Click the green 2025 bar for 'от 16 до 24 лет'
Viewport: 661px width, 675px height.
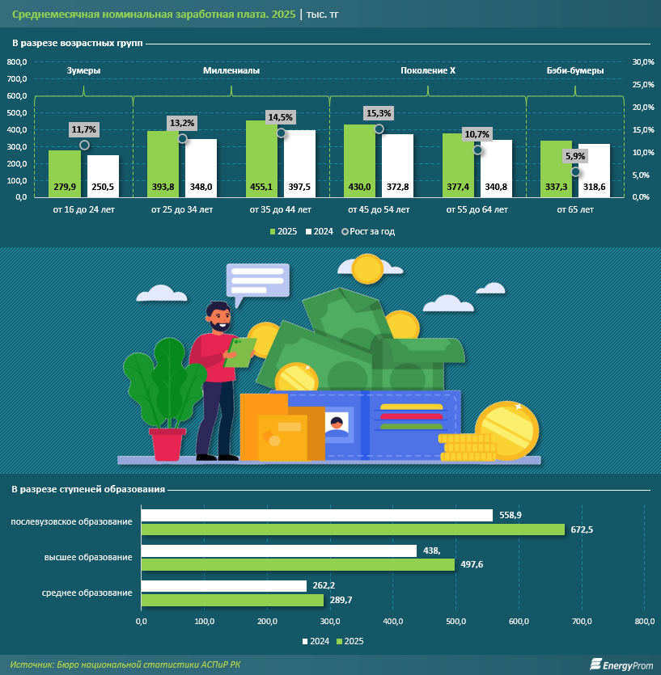(x=64, y=173)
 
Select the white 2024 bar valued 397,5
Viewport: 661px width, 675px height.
(x=299, y=162)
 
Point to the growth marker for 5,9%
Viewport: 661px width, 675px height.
(x=575, y=171)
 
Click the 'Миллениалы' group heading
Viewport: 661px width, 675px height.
(x=231, y=71)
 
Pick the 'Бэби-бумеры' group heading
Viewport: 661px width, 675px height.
(x=574, y=71)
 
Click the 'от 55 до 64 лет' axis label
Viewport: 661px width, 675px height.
(x=477, y=210)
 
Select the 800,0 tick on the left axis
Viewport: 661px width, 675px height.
(x=17, y=62)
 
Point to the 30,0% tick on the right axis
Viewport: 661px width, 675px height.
(x=642, y=62)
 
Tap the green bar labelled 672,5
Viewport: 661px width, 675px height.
(x=353, y=529)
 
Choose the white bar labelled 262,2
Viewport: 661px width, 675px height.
(x=224, y=586)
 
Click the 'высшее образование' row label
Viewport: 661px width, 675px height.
(x=88, y=557)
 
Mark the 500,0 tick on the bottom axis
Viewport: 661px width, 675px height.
(x=455, y=621)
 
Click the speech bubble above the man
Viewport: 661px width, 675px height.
(x=257, y=281)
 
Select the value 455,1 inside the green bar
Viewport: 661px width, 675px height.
(x=261, y=187)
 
